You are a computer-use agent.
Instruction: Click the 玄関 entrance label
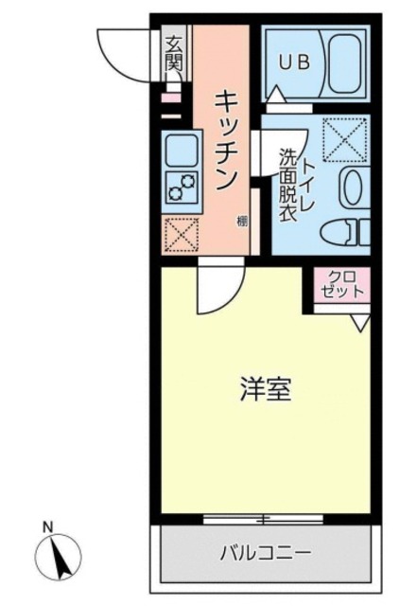tap(174, 54)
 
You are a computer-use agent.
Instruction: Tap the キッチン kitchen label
tap(227, 139)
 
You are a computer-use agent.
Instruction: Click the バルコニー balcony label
tap(266, 551)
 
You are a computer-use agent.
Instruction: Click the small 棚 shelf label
tap(243, 223)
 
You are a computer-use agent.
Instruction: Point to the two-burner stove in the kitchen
tap(179, 185)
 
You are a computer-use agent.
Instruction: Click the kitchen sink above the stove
tap(180, 149)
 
